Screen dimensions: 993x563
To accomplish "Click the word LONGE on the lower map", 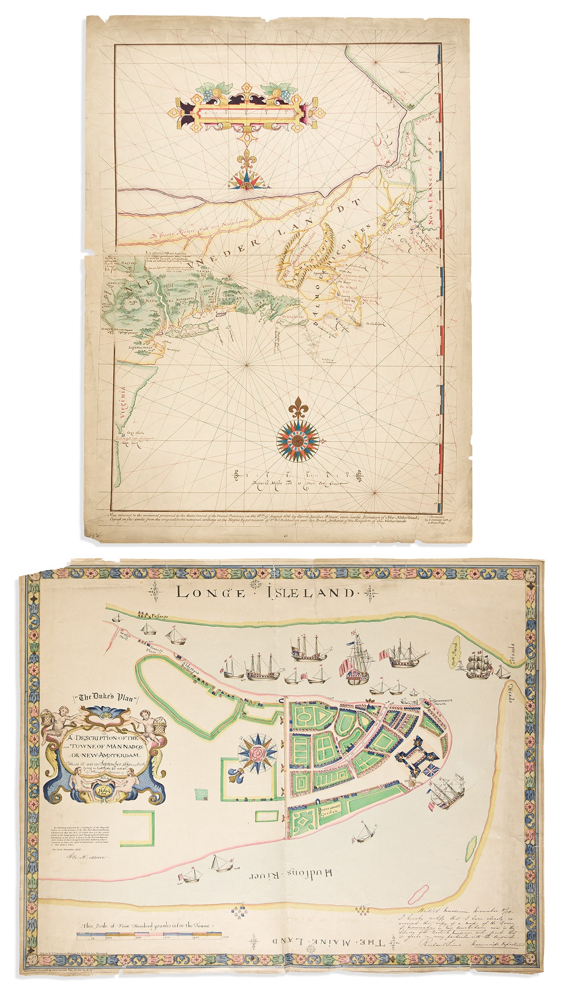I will tap(210, 593).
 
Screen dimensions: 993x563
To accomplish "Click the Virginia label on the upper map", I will tap(124, 403).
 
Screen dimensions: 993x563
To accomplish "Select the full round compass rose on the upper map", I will tap(297, 440).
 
